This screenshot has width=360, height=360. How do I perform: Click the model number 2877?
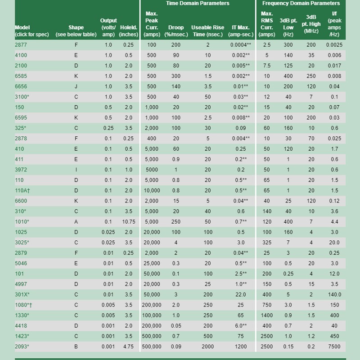point(21,45)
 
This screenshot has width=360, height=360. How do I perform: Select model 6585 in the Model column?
point(21,76)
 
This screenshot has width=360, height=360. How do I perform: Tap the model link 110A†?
point(22,190)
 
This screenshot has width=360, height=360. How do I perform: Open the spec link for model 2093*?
point(22,346)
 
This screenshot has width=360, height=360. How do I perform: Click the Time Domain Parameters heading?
point(198,4)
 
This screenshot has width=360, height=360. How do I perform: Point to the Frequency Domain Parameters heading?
point(307,4)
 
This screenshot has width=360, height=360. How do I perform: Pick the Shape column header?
point(76,31)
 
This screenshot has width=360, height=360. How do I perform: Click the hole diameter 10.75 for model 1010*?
point(129,221)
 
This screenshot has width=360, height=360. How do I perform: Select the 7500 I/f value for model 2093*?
point(334,346)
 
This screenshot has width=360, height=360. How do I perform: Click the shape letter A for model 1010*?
point(76,221)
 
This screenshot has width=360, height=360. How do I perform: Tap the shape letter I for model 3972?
point(76,170)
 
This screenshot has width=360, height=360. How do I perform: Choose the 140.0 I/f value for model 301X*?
point(334,294)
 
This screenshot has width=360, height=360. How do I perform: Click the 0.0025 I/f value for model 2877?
point(334,45)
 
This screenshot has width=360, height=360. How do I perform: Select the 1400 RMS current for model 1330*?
point(267,315)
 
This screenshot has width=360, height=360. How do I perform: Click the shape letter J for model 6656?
point(76,86)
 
